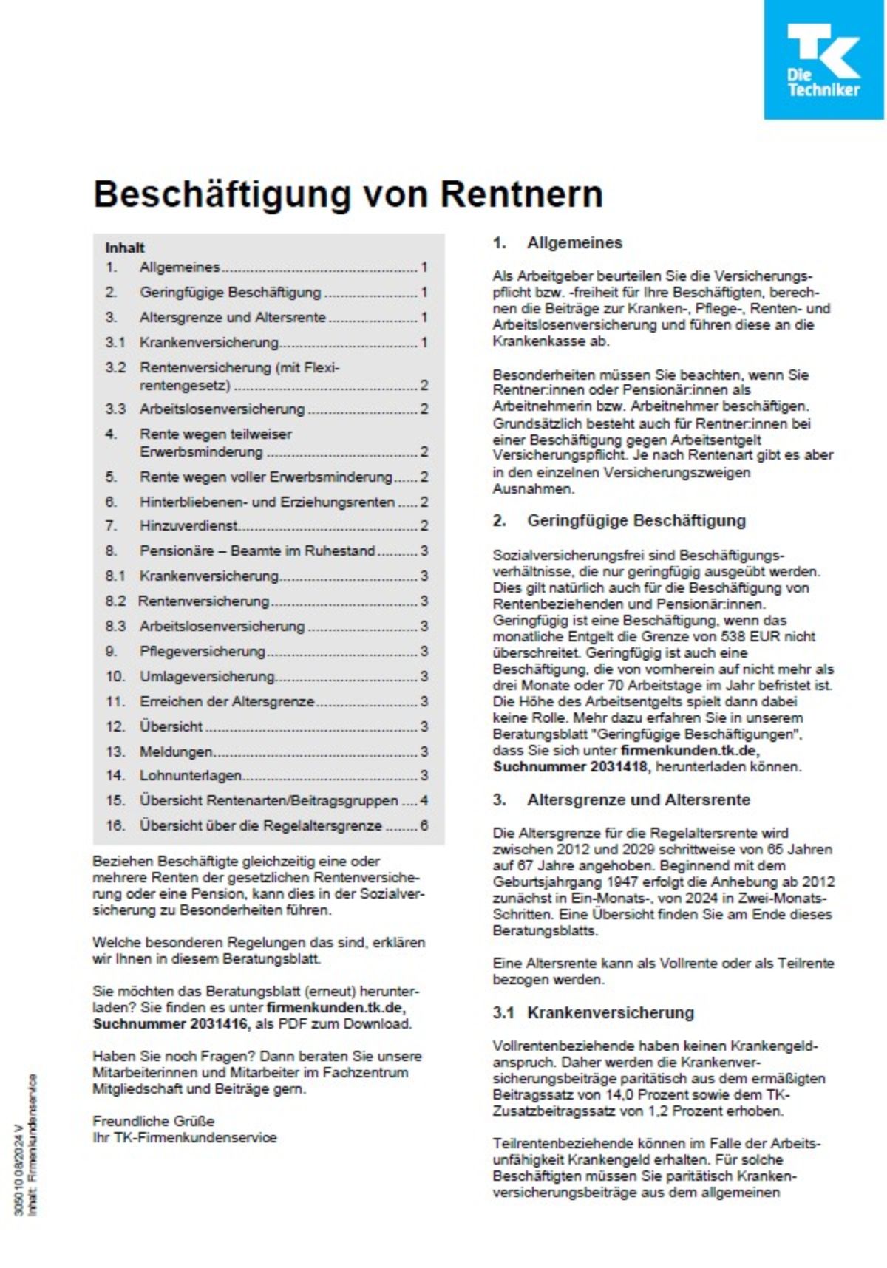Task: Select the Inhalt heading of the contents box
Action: coord(124,248)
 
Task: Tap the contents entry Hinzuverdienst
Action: coord(189,525)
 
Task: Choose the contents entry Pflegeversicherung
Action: coord(202,651)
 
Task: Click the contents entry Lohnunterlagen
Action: coord(191,775)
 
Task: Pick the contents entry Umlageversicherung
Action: coord(207,676)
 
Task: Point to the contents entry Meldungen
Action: coord(176,751)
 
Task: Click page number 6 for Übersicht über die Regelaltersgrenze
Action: coord(424,825)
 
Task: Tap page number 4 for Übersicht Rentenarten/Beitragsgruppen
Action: coord(424,800)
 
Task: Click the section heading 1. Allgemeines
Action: coord(558,242)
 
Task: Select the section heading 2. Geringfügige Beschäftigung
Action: coord(619,520)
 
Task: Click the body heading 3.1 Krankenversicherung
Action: coord(594,1012)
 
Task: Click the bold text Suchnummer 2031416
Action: coord(171,1023)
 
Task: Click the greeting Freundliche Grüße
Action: coord(153,1121)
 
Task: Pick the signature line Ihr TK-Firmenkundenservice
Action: coord(184,1137)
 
